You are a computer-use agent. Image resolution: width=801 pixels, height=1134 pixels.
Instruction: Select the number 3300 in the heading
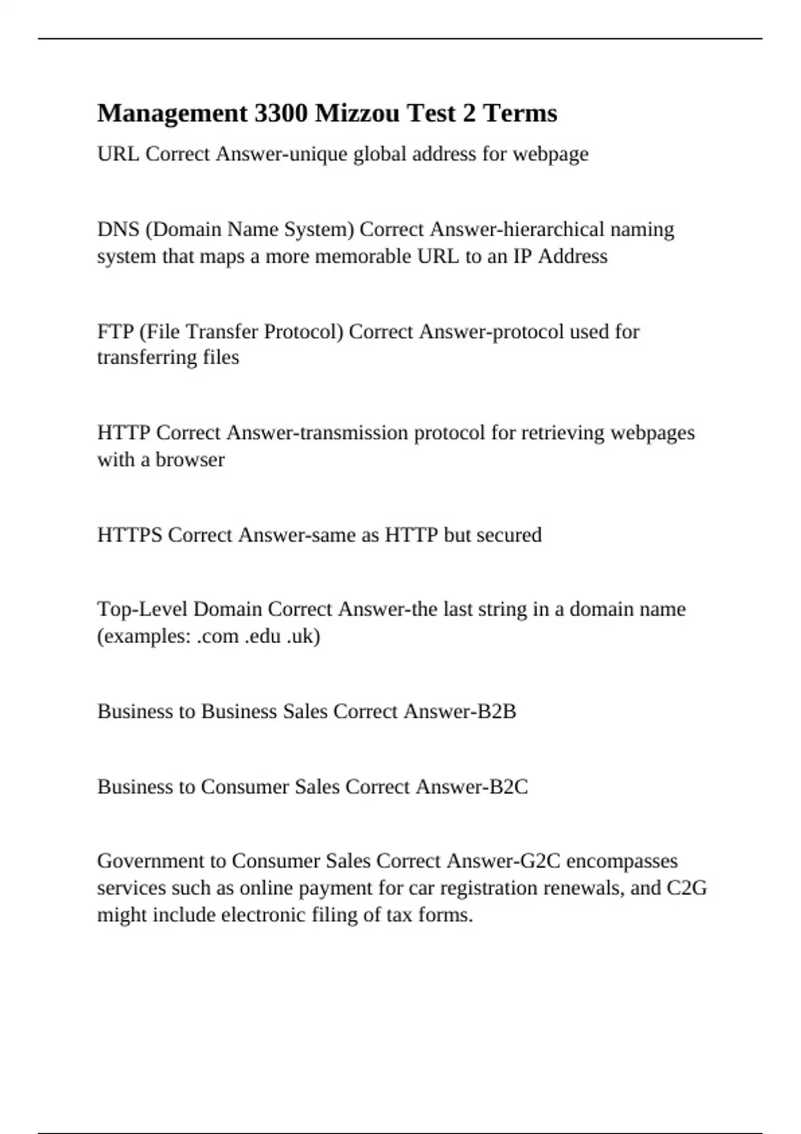281,113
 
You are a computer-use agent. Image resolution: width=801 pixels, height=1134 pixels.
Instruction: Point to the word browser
190,460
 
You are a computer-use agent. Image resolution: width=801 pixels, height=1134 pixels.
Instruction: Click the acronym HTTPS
129,535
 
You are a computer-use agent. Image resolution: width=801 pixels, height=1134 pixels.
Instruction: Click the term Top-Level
142,609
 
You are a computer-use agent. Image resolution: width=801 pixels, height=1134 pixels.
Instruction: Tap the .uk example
303,636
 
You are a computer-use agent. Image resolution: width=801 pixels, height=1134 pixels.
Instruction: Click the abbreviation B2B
497,712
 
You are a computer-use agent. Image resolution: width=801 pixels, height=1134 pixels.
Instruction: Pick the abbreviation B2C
508,787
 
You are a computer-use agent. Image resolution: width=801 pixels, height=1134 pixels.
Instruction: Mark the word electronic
263,915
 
